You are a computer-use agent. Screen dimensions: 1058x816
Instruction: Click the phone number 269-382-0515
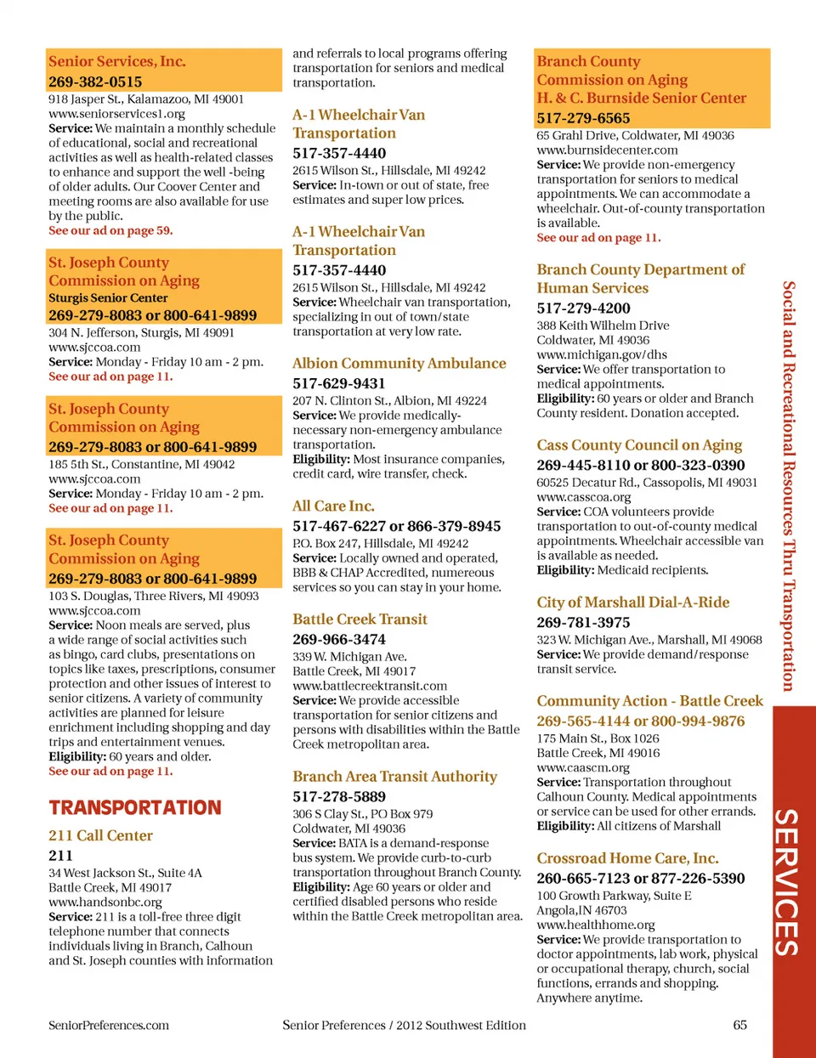pyautogui.click(x=95, y=82)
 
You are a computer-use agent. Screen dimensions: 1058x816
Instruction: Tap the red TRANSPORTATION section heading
pyautogui.click(x=135, y=807)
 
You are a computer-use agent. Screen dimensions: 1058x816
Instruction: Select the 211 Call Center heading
pyautogui.click(x=100, y=835)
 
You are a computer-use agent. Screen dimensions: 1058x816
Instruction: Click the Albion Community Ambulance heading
pyautogui.click(x=399, y=363)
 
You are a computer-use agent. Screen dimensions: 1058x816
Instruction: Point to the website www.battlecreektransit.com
pyautogui.click(x=370, y=686)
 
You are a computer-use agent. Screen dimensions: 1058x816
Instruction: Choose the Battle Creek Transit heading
pyautogui.click(x=360, y=619)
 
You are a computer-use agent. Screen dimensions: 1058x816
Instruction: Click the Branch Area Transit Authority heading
pyautogui.click(x=394, y=776)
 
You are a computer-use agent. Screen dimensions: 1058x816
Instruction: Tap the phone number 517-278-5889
pyautogui.click(x=339, y=796)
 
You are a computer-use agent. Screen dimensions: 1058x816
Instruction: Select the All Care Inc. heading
pyautogui.click(x=333, y=506)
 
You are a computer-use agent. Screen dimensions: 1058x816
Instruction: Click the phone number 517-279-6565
pyautogui.click(x=583, y=118)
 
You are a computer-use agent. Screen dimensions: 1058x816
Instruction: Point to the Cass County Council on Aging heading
pyautogui.click(x=639, y=444)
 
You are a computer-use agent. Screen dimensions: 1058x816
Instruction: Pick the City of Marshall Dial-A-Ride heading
pyautogui.click(x=632, y=602)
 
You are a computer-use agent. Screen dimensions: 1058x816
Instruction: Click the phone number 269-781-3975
pyautogui.click(x=583, y=622)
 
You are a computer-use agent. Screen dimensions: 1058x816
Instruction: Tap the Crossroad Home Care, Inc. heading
pyautogui.click(x=627, y=857)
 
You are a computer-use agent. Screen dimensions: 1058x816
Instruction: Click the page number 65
pyautogui.click(x=739, y=1025)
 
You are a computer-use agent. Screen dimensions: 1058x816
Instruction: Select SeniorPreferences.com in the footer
pyautogui.click(x=109, y=1025)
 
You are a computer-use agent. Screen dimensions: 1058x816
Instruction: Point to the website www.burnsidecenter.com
pyautogui.click(x=607, y=150)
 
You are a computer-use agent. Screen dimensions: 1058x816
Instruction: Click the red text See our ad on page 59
pyautogui.click(x=110, y=230)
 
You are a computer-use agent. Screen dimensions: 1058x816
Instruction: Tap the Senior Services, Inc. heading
pyautogui.click(x=117, y=61)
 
